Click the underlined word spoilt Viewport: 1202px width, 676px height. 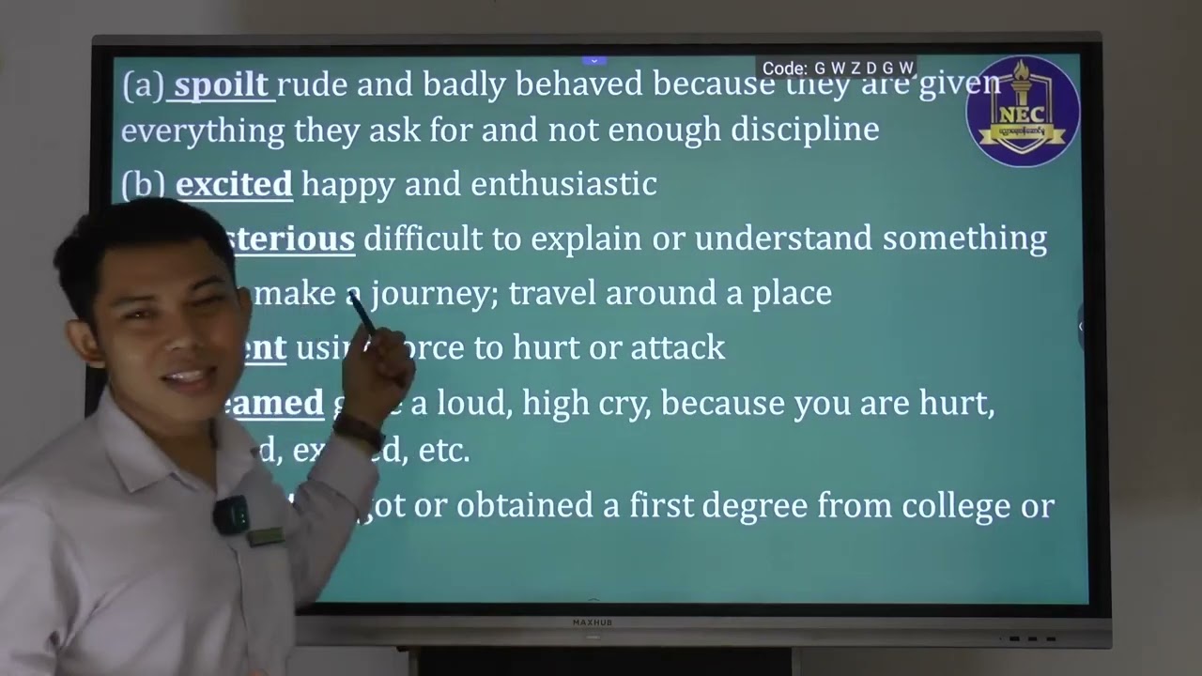point(222,85)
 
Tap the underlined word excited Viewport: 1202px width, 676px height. point(234,184)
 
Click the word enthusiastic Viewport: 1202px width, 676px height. point(563,184)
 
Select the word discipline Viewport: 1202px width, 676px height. point(805,130)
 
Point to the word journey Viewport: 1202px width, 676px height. point(431,294)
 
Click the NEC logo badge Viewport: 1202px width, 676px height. point(1022,112)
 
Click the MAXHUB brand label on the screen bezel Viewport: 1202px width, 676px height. point(592,622)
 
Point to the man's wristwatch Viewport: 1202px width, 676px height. point(359,431)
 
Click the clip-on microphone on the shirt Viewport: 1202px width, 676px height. point(231,514)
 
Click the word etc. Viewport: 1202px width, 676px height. point(443,452)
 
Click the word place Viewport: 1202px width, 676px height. point(792,294)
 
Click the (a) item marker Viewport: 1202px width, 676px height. point(143,85)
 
